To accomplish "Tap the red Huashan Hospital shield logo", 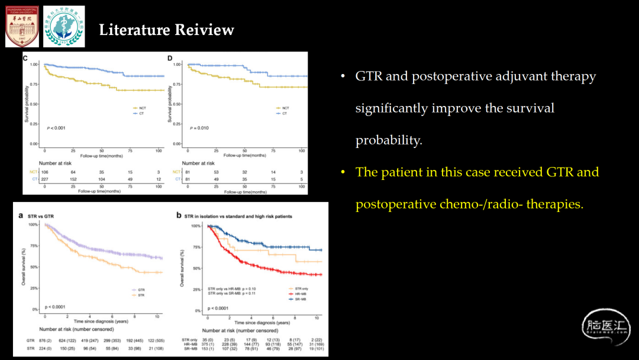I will (x=22, y=27).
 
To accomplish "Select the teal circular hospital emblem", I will (x=64, y=27).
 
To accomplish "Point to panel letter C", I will (x=25, y=58).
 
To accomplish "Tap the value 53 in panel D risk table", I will (x=216, y=172).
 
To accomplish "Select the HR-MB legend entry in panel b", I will (x=300, y=294).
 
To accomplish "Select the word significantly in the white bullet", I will (x=391, y=108).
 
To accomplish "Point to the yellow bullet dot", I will (x=343, y=172).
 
